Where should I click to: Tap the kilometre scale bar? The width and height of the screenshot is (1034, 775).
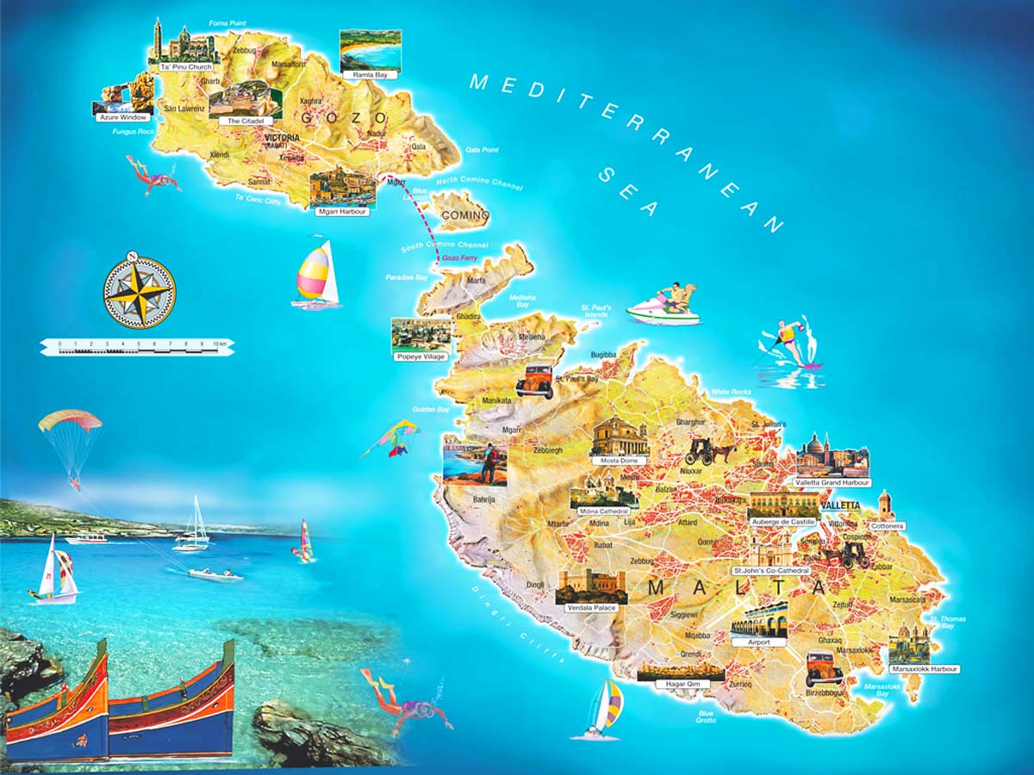pos(137,346)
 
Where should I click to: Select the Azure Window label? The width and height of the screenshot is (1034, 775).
pos(122,117)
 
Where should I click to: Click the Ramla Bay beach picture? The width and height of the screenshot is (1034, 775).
pos(371,51)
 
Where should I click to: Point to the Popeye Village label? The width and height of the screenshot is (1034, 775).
pos(420,356)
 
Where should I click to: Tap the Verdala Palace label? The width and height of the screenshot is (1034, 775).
pos(591,608)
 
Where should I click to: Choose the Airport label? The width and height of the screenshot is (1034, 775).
pos(758,642)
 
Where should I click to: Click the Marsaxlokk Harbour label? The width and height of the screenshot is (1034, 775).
pos(925,669)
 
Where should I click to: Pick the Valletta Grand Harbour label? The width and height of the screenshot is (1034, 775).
pos(832,483)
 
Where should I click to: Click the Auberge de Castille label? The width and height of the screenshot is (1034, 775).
pos(783,522)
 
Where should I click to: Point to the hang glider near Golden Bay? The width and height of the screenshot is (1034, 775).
pos(392,437)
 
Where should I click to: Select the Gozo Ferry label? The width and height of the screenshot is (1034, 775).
pos(458,257)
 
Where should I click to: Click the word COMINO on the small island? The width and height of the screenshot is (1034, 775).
pos(464,216)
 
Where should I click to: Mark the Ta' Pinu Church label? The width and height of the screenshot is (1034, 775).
pos(186,66)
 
